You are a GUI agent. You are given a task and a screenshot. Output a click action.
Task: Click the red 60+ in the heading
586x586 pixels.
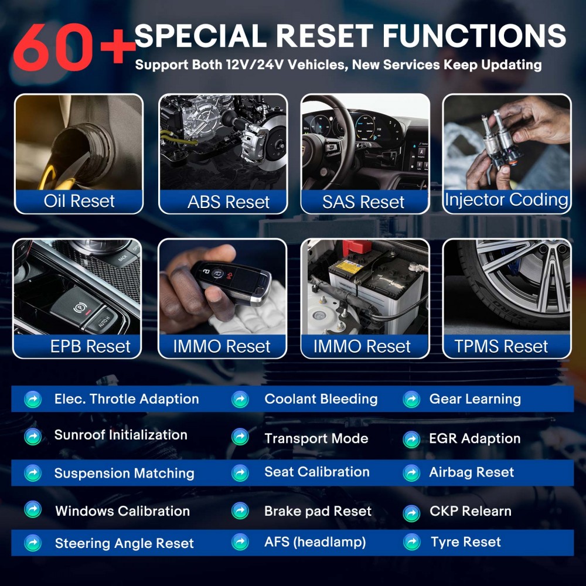click(x=73, y=47)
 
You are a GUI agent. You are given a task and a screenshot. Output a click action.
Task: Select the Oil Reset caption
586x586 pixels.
click(x=79, y=201)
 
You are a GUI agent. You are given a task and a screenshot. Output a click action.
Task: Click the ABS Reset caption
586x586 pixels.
click(x=229, y=202)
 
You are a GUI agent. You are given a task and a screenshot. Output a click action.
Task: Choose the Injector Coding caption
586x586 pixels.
click(x=506, y=199)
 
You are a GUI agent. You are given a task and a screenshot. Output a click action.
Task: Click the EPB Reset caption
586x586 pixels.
click(x=90, y=346)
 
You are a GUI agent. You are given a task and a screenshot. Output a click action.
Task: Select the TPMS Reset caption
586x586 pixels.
click(x=501, y=346)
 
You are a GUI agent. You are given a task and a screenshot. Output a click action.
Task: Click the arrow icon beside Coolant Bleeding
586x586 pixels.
click(x=240, y=400)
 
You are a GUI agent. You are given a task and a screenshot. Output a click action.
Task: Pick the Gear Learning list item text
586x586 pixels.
click(x=475, y=399)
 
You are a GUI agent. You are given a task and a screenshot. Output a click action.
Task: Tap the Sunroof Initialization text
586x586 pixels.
click(x=121, y=435)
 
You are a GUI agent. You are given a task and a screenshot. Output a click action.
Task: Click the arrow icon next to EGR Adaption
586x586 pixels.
click(x=411, y=439)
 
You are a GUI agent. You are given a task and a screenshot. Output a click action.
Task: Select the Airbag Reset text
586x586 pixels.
click(x=471, y=472)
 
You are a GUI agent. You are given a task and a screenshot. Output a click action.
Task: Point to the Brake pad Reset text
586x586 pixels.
click(x=318, y=511)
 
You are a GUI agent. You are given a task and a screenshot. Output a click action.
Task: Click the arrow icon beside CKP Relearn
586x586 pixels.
click(x=411, y=512)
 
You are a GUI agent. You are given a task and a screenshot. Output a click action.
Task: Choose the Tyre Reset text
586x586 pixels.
click(x=465, y=542)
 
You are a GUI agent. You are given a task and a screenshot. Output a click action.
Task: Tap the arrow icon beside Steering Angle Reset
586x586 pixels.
click(x=33, y=543)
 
